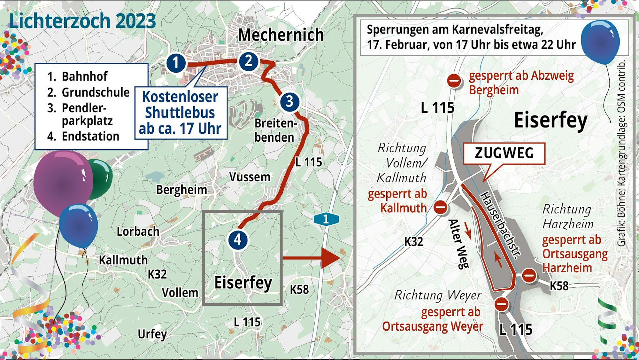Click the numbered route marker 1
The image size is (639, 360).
[176, 63]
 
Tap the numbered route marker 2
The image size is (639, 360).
[249, 61]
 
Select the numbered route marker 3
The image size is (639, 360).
[289, 102]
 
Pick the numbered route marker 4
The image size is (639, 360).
[238, 240]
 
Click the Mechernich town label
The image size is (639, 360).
[281, 35]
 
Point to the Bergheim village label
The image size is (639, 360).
[181, 190]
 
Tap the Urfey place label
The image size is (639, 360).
[152, 334]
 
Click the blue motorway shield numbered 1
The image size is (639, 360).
[326, 219]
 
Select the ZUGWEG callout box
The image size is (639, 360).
[504, 153]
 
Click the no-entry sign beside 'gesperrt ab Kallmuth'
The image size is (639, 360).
[441, 207]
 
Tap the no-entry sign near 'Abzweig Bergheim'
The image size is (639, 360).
[454, 81]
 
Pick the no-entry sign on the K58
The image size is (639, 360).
[529, 275]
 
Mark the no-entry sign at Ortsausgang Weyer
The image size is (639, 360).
[501, 304]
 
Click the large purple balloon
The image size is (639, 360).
[63, 182]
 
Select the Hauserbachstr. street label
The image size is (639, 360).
[500, 225]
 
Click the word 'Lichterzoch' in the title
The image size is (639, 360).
[60, 21]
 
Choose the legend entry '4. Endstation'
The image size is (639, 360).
[83, 137]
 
